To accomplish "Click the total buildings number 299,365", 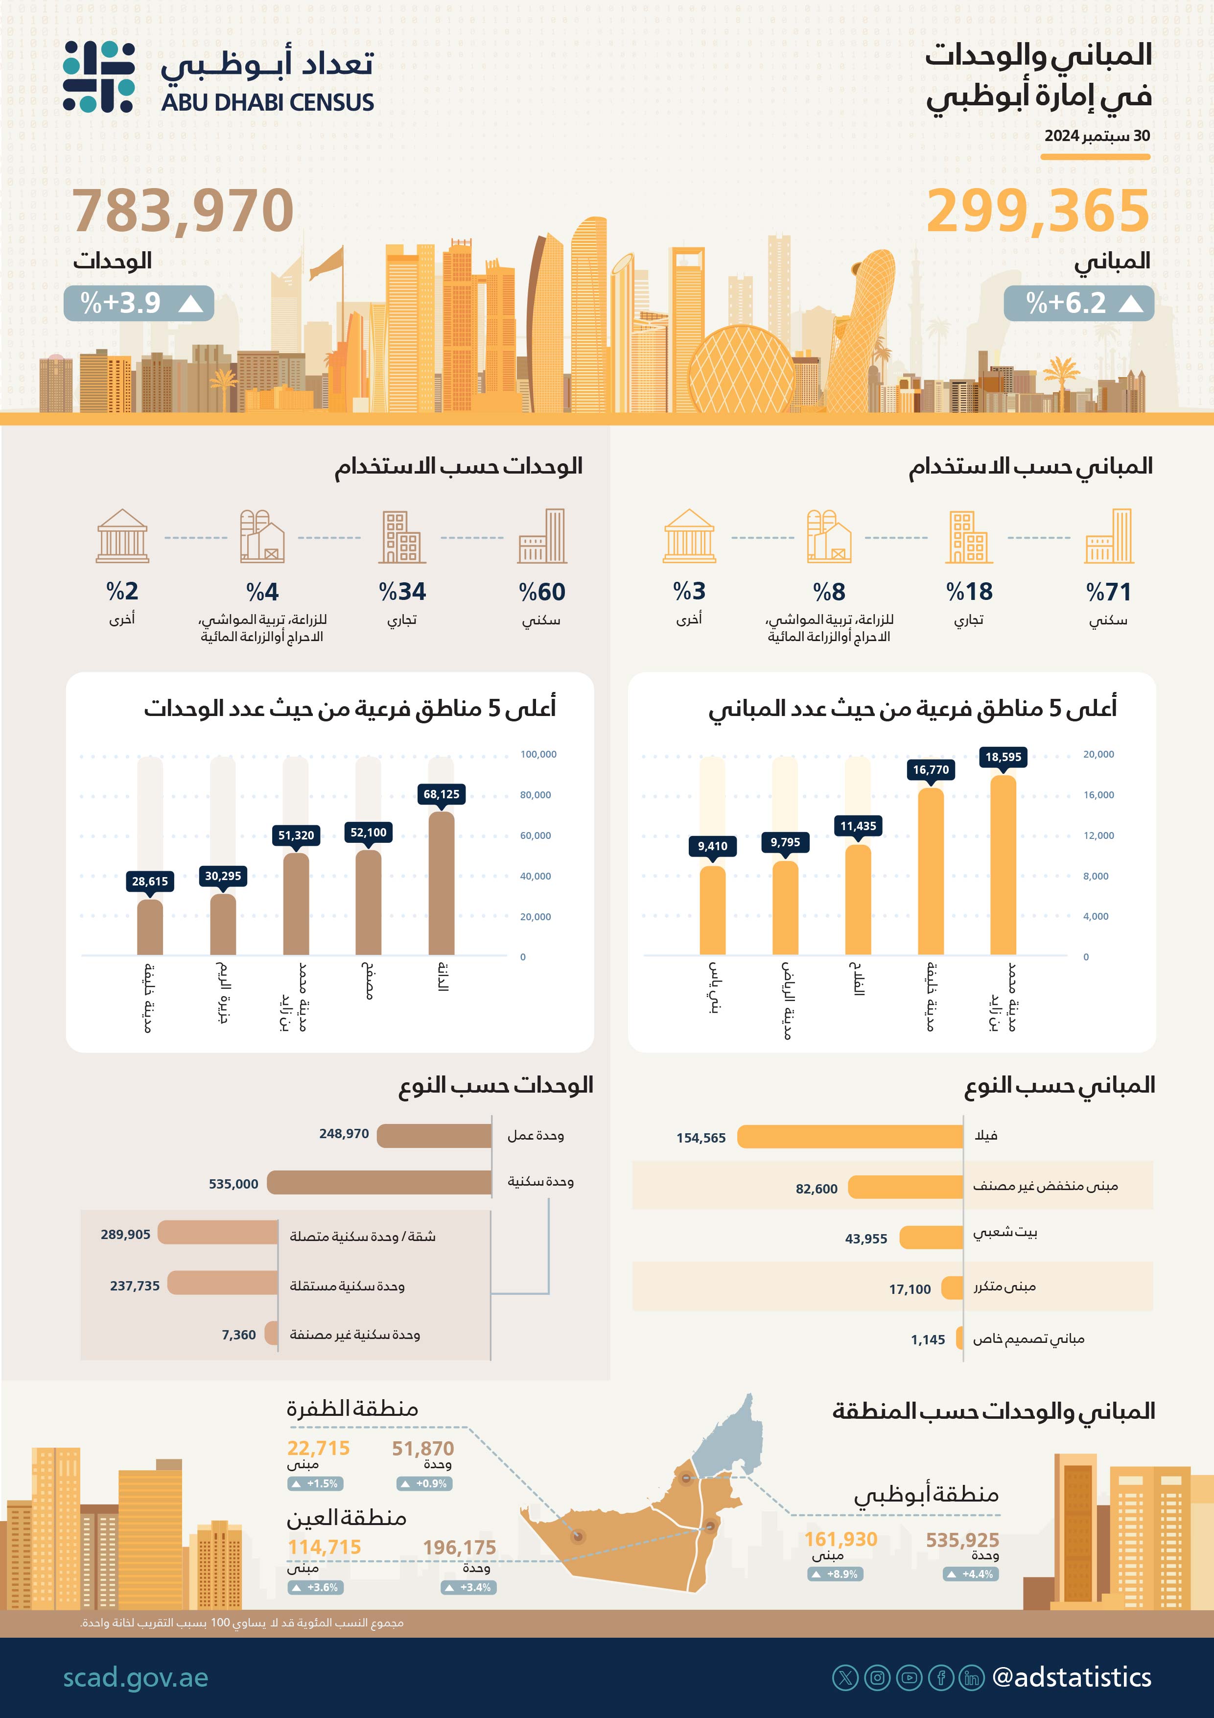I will [x=1037, y=211].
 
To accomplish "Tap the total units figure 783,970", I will [x=183, y=211].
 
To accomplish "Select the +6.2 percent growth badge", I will [x=1078, y=303].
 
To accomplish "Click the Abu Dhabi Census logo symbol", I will [x=99, y=77].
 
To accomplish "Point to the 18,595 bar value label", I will [x=1003, y=757].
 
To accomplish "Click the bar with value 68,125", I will [x=442, y=883].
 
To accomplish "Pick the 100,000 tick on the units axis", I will [x=538, y=754].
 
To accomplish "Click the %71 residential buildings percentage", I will [x=1109, y=592].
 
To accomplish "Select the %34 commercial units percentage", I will [x=402, y=592].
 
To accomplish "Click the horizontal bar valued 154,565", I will [x=850, y=1137].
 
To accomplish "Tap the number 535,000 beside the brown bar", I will [x=233, y=1184].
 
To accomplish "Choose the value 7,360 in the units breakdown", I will [x=238, y=1335].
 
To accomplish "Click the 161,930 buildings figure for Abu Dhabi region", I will [x=841, y=1539].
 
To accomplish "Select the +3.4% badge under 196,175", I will [x=468, y=1587].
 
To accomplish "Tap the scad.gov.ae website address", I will [x=136, y=1677].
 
